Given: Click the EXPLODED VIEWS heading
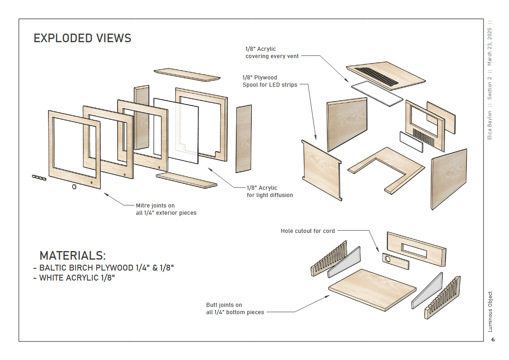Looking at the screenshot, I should [x=83, y=38].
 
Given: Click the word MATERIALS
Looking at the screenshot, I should [x=73, y=256].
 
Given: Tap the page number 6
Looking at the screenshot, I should [x=493, y=340].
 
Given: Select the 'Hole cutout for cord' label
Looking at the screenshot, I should [x=308, y=231].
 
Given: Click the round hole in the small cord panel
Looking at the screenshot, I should [x=389, y=260].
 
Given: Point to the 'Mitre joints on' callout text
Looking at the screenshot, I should [x=155, y=206].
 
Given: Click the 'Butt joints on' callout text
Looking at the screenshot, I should [x=224, y=305].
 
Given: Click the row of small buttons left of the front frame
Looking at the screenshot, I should [x=39, y=177].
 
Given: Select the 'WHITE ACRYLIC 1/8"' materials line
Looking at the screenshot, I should [x=77, y=278].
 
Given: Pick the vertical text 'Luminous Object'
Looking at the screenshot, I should [x=490, y=311].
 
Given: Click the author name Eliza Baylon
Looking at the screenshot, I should [x=490, y=125].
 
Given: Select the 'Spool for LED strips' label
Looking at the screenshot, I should [x=270, y=85].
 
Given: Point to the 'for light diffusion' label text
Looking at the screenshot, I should [x=270, y=195].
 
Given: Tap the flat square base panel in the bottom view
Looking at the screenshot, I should [x=372, y=290].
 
